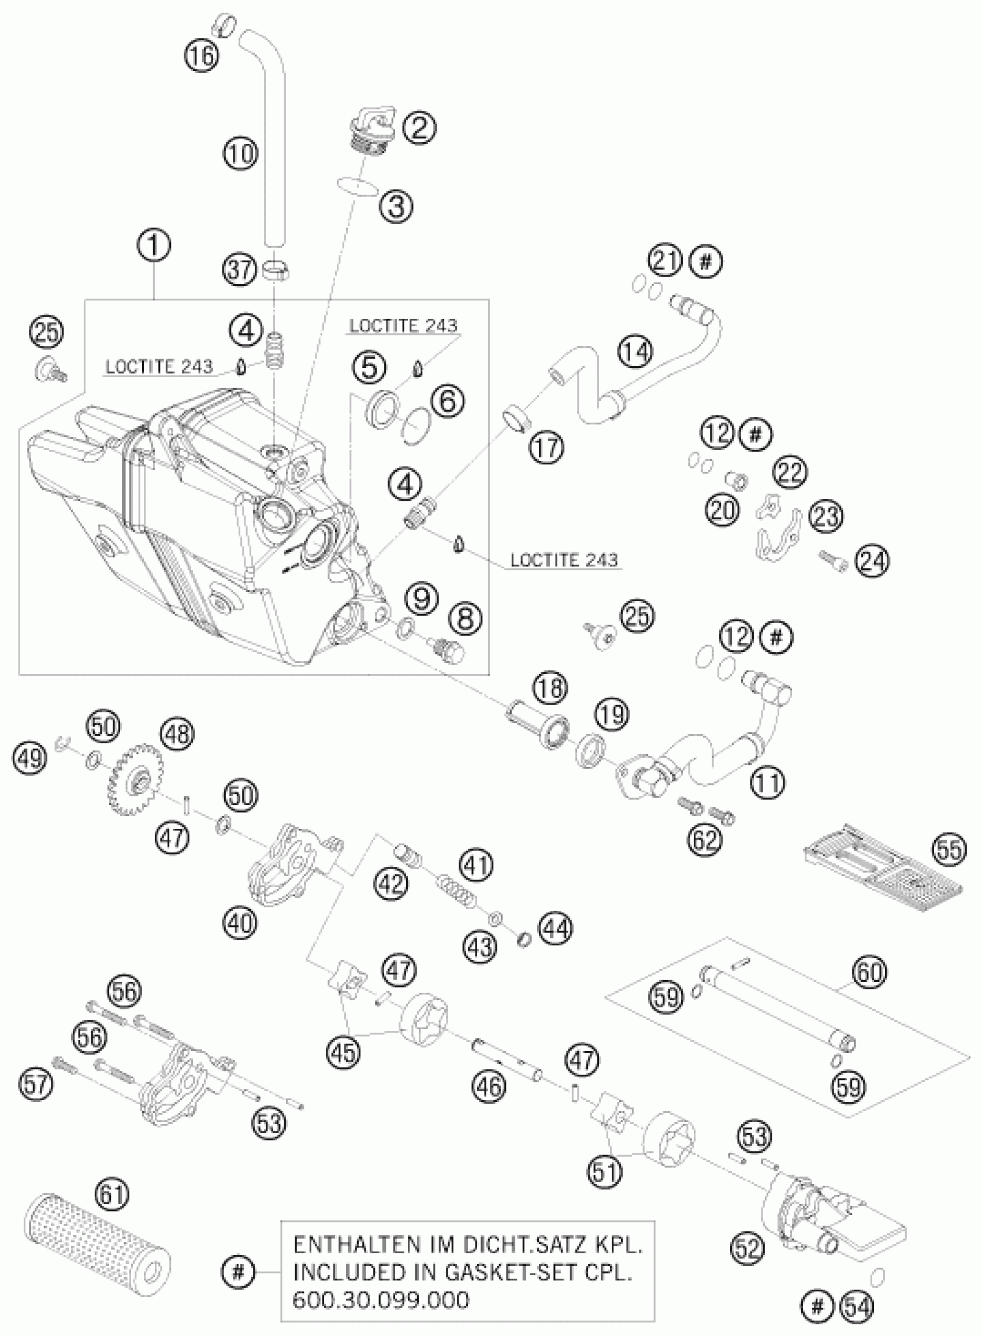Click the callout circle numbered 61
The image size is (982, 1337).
pos(114,1188)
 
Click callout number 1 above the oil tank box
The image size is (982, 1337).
pos(154,247)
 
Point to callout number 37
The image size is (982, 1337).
pos(241,270)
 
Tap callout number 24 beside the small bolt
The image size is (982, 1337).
pos(872,560)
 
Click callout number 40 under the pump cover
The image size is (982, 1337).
pos(241,923)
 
